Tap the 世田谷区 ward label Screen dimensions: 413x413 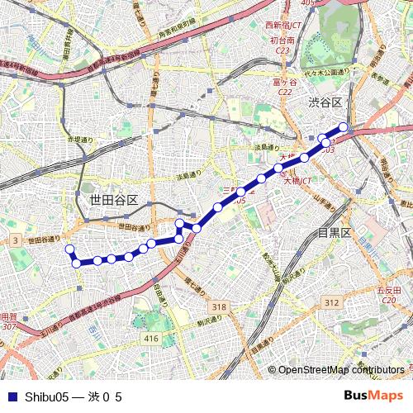pyautogui.click(x=113, y=200)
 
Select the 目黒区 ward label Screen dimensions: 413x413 pyautogui.click(x=335, y=233)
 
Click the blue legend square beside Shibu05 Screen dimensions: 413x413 pyautogui.click(x=11, y=396)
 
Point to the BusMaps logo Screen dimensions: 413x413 pyautogui.click(x=374, y=396)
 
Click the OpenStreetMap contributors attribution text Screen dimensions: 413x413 pyautogui.click(x=341, y=370)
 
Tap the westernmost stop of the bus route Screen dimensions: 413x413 pyautogui.click(x=69, y=249)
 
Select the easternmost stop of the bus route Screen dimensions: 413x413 pyautogui.click(x=344, y=127)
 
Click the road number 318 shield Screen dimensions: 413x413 pyautogui.click(x=218, y=306)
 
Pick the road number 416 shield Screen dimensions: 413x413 pyautogui.click(x=150, y=339)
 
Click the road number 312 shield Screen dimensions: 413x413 pyautogui.click(x=331, y=302)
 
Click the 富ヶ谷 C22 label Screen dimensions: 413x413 pyautogui.click(x=285, y=87)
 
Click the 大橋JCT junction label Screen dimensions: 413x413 pyautogui.click(x=297, y=180)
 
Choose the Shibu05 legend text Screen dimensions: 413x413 pyautogui.click(x=73, y=396)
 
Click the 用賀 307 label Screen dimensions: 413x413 pyautogui.click(x=7, y=321)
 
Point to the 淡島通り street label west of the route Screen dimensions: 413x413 pyautogui.click(x=189, y=175)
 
